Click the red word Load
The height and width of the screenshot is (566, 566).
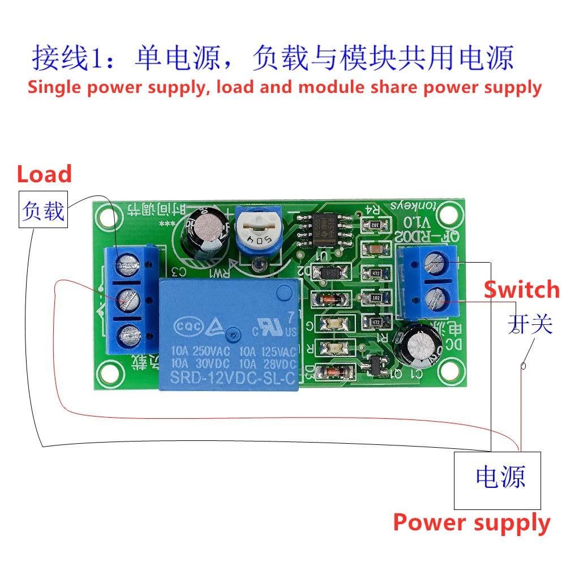[x=44, y=174]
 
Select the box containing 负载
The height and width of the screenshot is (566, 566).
[x=43, y=210]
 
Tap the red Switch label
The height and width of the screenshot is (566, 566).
[x=521, y=290]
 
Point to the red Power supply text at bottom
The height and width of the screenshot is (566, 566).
[x=471, y=522]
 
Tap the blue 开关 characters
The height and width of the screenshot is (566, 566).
[x=529, y=324]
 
